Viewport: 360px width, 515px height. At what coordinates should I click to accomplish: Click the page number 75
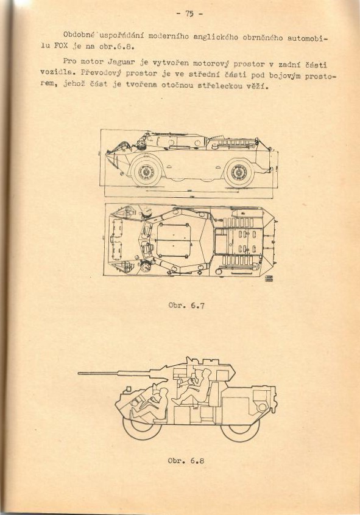189,14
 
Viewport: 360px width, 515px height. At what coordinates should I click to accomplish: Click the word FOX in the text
60,46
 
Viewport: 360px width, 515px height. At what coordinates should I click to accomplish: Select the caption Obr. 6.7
186,306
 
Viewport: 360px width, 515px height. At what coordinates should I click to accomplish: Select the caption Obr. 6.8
186,460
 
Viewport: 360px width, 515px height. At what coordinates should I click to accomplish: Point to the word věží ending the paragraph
258,87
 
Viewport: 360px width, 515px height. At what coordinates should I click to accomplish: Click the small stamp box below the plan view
269,279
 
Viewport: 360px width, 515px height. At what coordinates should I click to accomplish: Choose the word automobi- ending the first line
308,38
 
